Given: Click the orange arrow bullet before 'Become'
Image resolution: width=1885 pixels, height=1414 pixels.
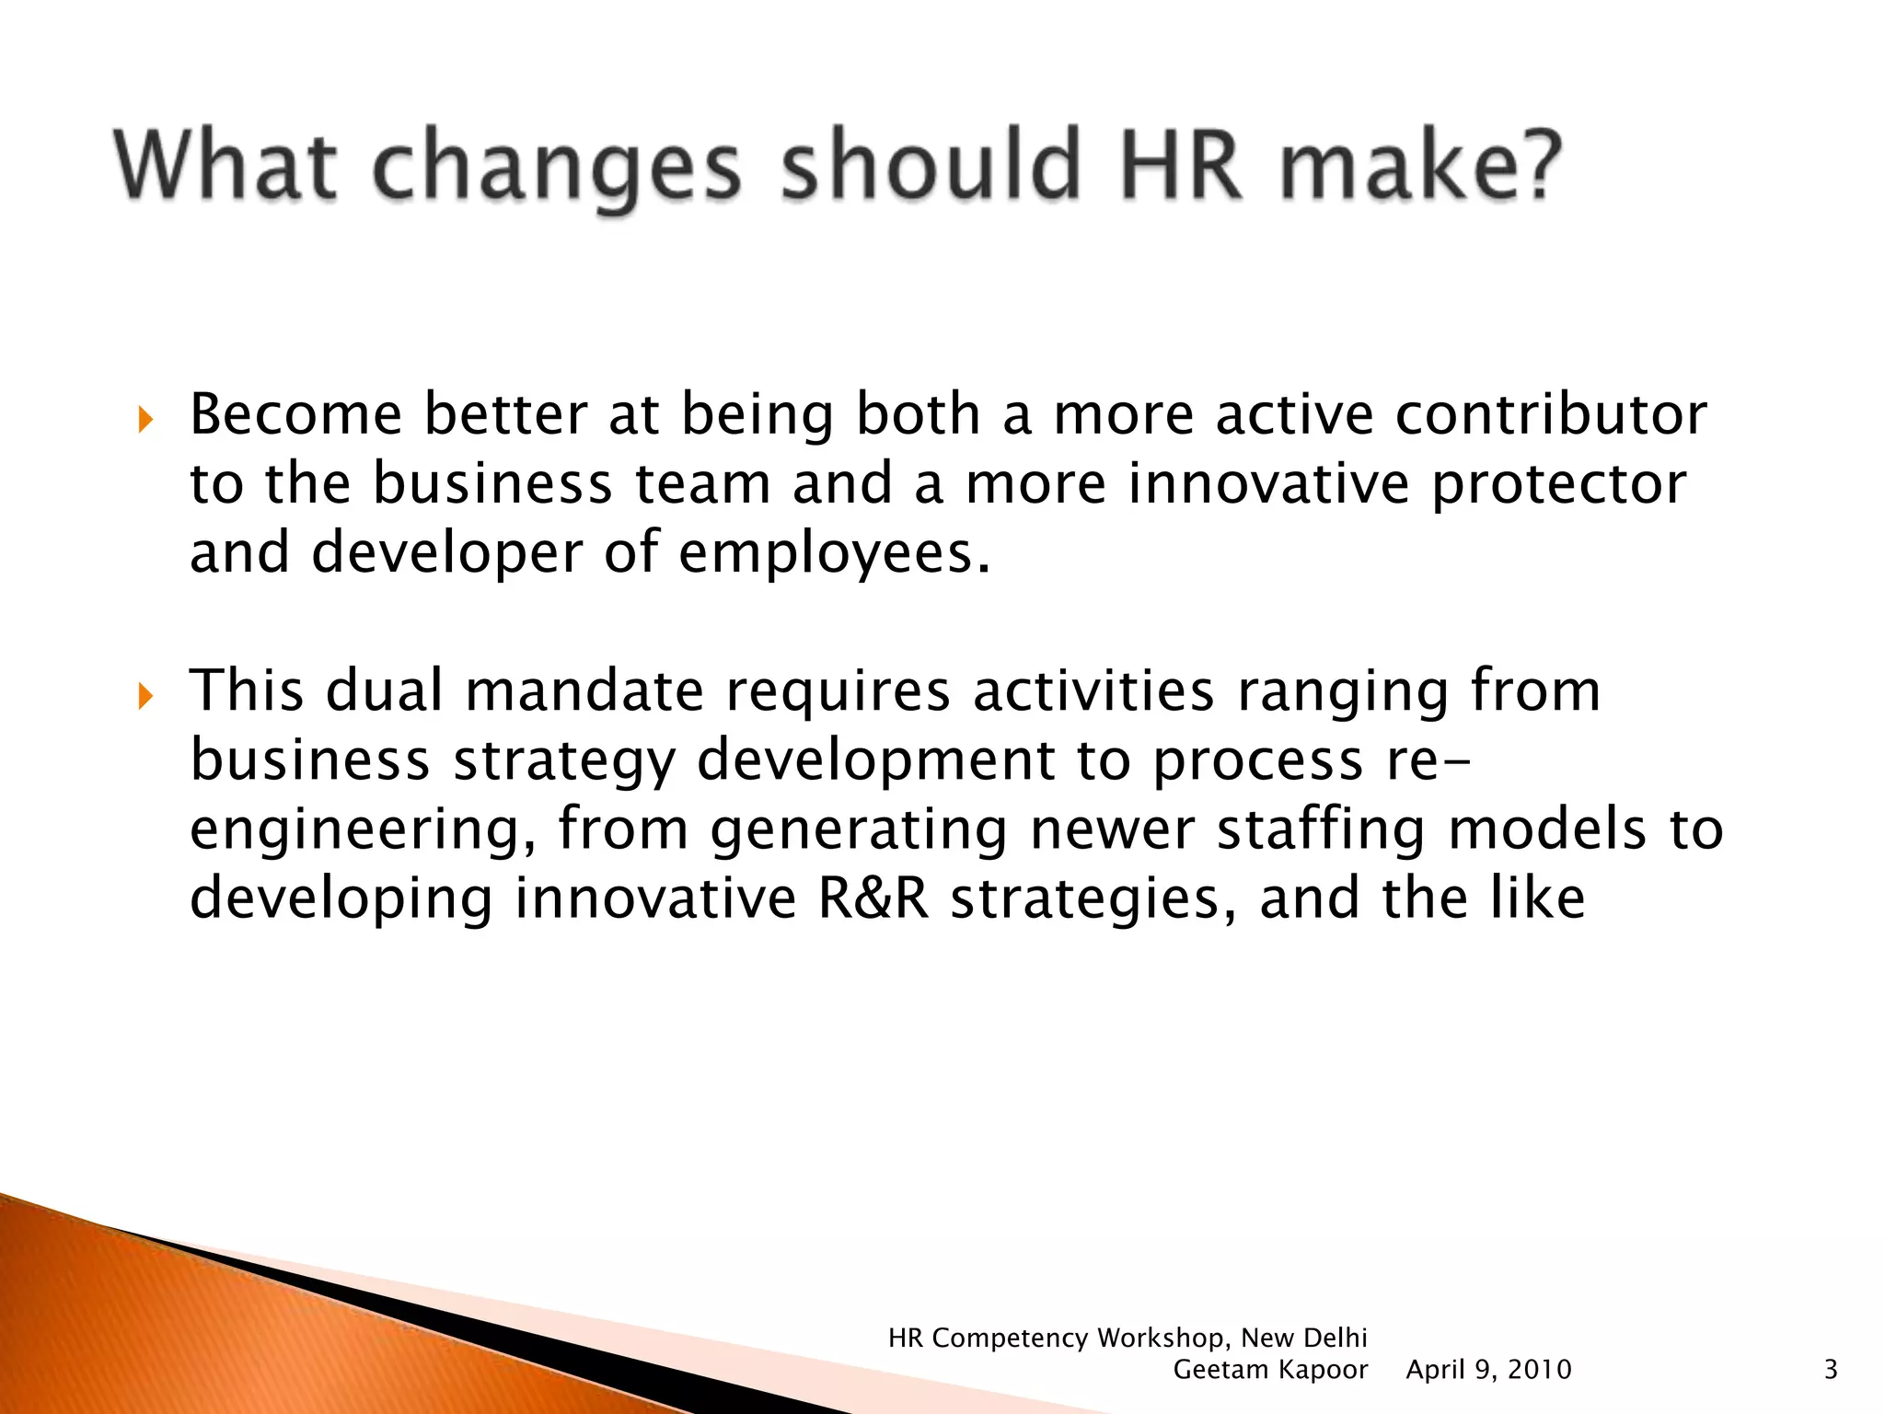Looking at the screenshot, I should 145,421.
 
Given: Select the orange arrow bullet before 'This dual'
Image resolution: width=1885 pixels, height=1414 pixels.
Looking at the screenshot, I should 145,697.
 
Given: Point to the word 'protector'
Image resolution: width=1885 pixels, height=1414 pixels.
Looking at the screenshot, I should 1558,484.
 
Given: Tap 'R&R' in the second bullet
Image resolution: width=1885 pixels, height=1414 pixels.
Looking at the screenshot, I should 873,898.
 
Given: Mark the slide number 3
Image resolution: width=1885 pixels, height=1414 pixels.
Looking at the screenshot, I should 1830,1370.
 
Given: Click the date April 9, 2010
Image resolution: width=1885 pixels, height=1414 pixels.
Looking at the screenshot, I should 1488,1370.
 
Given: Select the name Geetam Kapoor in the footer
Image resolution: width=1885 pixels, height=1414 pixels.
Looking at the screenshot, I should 1270,1370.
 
